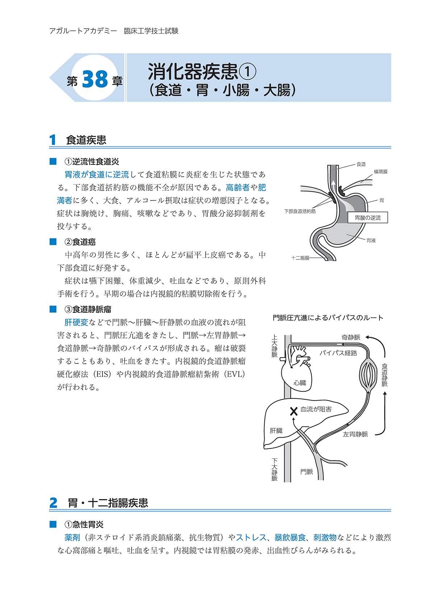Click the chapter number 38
(x=95, y=79)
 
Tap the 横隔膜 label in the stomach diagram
(x=381, y=172)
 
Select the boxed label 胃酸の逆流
(x=368, y=218)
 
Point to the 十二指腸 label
(x=300, y=258)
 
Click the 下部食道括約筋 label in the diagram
(x=300, y=211)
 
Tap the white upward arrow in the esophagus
(x=333, y=184)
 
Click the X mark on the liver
(x=294, y=411)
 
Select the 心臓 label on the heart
(x=300, y=383)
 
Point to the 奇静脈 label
(x=351, y=337)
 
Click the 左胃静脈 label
(x=355, y=434)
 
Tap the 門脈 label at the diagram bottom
(x=307, y=471)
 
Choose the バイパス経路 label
(x=338, y=353)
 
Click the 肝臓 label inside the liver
(x=276, y=430)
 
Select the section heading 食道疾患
(x=86, y=140)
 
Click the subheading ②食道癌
(x=80, y=242)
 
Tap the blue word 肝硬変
(x=76, y=322)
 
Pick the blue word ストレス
(x=251, y=538)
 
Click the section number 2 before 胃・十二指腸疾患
(x=53, y=503)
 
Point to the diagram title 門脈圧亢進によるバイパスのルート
(x=328, y=318)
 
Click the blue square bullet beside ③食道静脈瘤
(x=53, y=309)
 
